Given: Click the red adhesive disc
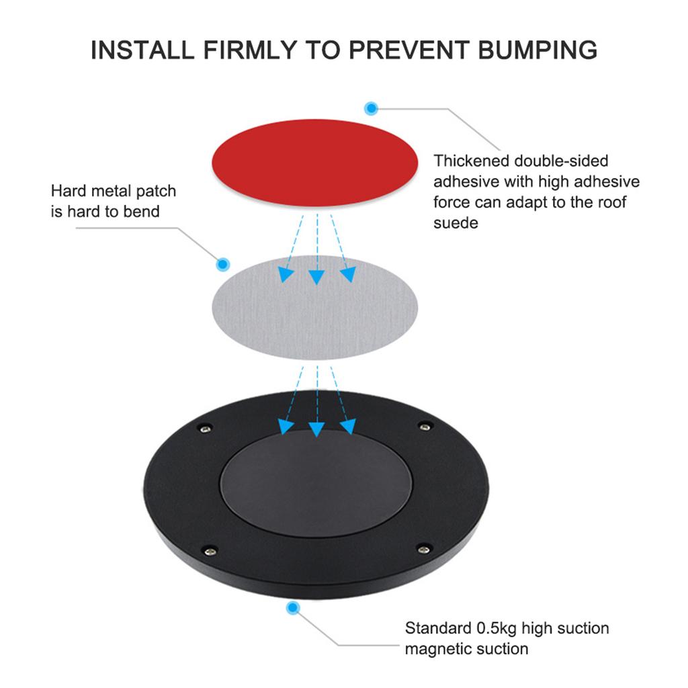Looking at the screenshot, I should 316,163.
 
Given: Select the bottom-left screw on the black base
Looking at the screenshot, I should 210,550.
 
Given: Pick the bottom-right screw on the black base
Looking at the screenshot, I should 423,549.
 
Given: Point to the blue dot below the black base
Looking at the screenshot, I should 292,608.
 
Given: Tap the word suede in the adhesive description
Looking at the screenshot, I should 456,222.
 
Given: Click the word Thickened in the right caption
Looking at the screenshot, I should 471,161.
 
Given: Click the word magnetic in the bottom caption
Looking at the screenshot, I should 439,648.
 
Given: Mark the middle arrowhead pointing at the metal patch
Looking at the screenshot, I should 316,276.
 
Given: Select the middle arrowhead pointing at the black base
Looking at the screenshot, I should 316,427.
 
